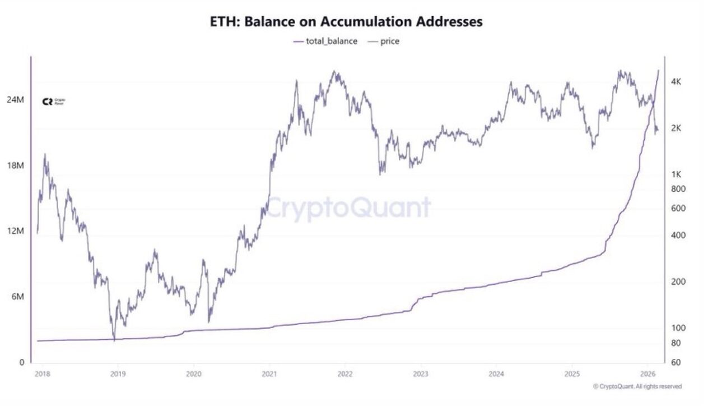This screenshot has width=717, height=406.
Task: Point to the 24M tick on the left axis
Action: click(15, 100)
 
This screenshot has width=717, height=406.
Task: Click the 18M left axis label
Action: click(15, 165)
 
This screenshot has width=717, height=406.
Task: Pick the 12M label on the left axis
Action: click(15, 231)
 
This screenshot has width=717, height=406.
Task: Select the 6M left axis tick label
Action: click(17, 297)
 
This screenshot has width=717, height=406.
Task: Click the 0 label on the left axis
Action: click(22, 362)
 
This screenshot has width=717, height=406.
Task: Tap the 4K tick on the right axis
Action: click(676, 82)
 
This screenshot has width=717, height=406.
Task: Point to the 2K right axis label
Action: click(676, 128)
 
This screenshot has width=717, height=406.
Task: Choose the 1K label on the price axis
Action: click(676, 174)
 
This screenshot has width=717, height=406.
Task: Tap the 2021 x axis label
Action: click(269, 373)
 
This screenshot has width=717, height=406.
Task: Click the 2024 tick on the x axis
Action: click(496, 373)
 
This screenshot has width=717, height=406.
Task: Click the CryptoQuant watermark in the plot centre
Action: click(348, 208)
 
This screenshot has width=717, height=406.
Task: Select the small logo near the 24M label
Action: click(54, 101)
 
